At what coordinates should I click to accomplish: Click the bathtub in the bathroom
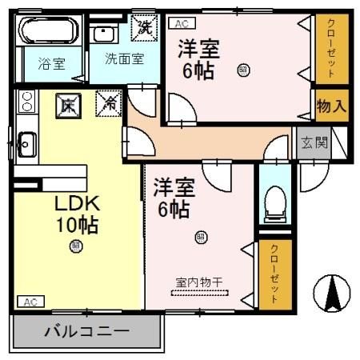point(47,33)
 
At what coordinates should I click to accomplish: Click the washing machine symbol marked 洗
point(145,26)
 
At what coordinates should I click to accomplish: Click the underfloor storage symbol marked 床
point(69,104)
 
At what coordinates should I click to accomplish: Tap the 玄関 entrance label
point(313,144)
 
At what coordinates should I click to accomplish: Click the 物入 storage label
point(331,106)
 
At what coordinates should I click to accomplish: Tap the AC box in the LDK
point(30,302)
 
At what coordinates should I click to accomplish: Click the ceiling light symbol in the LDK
point(76,246)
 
